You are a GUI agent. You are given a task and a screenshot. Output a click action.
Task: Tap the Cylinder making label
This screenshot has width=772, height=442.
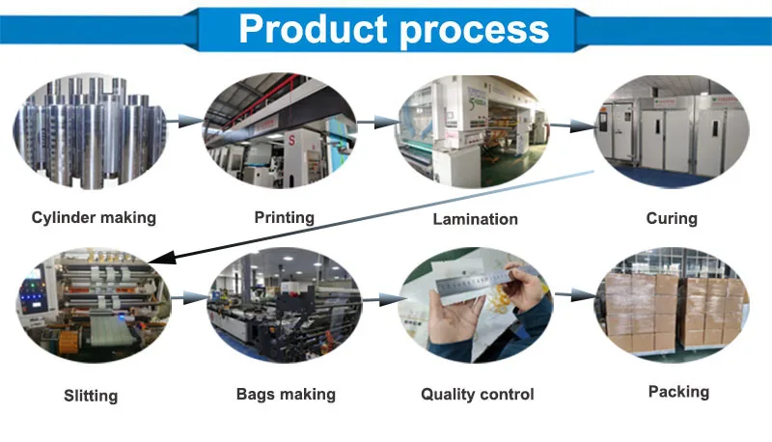(x=93, y=217)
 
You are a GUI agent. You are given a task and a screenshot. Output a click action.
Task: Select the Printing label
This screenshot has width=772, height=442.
(x=284, y=217)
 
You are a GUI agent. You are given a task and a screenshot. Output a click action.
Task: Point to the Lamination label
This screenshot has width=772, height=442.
(x=475, y=219)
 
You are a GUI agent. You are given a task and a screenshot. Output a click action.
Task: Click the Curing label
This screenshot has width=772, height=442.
(x=671, y=218)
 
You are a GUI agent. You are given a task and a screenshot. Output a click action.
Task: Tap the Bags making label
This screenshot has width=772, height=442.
(x=286, y=394)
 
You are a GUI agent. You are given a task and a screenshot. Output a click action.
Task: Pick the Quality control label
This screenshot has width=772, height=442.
(x=477, y=394)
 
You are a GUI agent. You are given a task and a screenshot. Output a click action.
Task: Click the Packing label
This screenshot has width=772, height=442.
(x=678, y=391)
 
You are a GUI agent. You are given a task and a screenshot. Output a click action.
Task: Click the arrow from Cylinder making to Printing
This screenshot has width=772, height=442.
(x=184, y=122)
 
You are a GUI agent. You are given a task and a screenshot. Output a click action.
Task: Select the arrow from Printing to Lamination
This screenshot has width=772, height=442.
(x=379, y=122)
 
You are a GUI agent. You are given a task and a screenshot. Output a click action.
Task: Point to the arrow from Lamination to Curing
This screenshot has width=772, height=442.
(x=573, y=124)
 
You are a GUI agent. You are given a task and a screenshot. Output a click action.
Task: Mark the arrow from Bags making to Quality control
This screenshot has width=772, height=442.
(x=384, y=300)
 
